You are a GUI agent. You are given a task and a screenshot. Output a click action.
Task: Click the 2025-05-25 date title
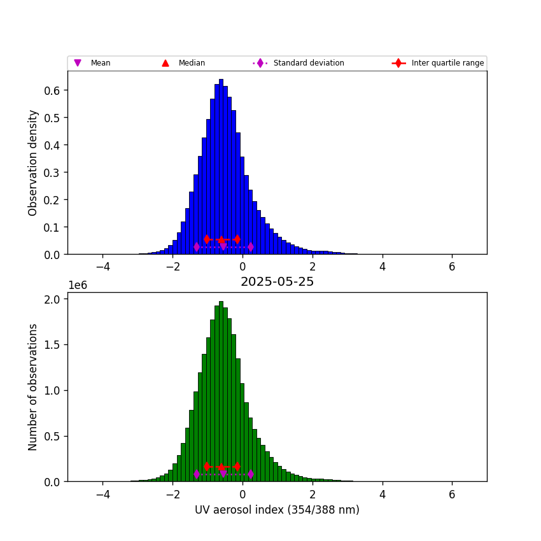[x=277, y=282]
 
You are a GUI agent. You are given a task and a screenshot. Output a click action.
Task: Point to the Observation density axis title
[x=33, y=162]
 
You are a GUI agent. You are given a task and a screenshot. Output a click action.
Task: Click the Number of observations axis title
[x=33, y=387]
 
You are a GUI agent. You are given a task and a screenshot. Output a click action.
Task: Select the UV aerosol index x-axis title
[x=277, y=510]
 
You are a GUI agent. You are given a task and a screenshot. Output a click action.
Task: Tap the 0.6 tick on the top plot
[x=52, y=90]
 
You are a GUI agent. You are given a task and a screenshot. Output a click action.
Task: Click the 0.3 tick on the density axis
[x=52, y=172]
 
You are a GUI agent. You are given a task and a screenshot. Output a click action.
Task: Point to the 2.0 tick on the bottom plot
[x=52, y=299]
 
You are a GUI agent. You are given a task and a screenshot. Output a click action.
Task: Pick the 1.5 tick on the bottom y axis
[x=52, y=345]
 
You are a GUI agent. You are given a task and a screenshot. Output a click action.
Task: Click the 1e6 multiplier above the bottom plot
[x=77, y=285]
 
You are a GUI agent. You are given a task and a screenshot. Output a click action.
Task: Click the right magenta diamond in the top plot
[x=251, y=247]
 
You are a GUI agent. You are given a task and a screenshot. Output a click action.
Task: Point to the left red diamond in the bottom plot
[x=207, y=467]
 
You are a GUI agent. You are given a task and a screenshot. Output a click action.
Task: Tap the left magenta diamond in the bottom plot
[x=196, y=474]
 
